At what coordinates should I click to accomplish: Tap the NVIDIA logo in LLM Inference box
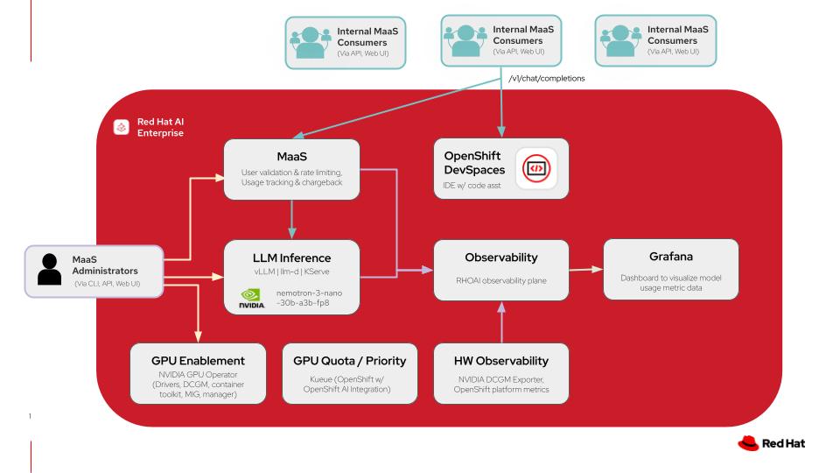pyautogui.click(x=250, y=300)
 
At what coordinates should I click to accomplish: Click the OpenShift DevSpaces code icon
pyautogui.click(x=536, y=166)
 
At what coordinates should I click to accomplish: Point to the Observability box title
pyautogui.click(x=501, y=258)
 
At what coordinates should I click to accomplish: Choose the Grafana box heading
pyautogui.click(x=671, y=258)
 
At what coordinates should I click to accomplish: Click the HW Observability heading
pyautogui.click(x=501, y=360)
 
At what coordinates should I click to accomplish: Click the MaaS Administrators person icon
pyautogui.click(x=50, y=272)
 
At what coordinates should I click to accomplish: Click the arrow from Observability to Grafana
pyautogui.click(x=586, y=271)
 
